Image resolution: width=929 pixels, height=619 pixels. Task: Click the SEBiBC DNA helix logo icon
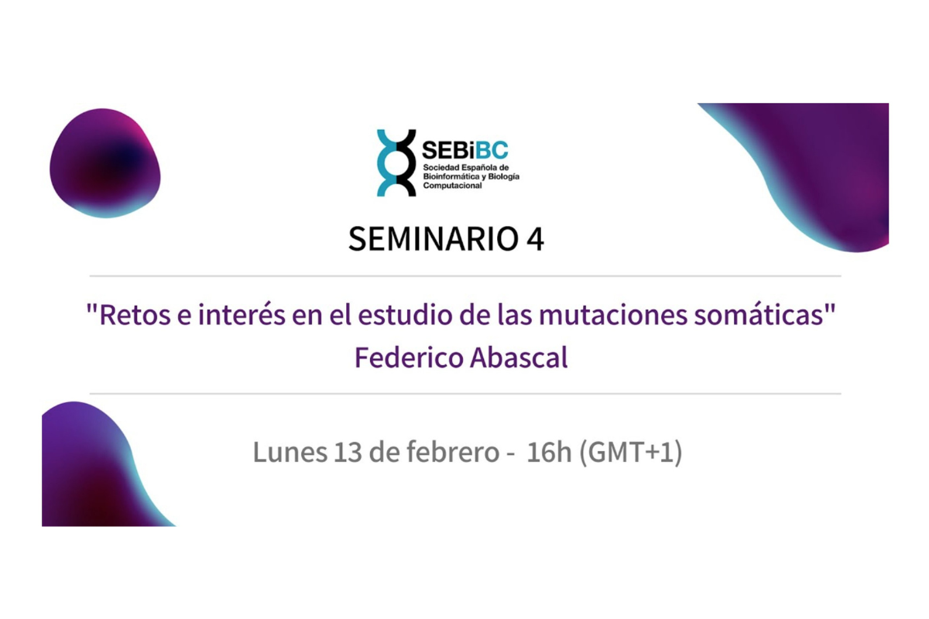point(396,162)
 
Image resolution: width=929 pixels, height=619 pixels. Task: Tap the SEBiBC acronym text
point(465,150)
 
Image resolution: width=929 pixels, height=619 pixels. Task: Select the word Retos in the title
point(127,317)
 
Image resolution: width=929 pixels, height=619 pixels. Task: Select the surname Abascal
point(519,358)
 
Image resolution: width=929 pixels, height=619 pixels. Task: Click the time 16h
point(548,453)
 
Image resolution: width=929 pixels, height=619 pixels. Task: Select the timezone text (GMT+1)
point(630,453)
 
